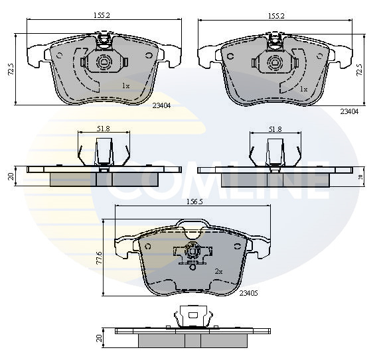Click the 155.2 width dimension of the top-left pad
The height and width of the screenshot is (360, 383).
pyautogui.click(x=102, y=15)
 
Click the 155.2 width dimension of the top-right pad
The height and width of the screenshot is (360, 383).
pyautogui.click(x=276, y=16)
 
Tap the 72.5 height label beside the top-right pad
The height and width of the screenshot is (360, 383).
pyautogui.click(x=360, y=70)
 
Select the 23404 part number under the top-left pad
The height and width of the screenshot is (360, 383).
pyautogui.click(x=161, y=106)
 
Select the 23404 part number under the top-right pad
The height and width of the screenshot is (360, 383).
pyautogui.click(x=350, y=111)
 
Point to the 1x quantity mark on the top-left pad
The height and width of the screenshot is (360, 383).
pyautogui.click(x=126, y=86)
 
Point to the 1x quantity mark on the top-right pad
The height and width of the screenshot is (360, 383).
pyautogui.click(x=303, y=90)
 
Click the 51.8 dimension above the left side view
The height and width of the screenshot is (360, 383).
pyautogui.click(x=103, y=129)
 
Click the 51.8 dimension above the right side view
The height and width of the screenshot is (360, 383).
pyautogui.click(x=275, y=129)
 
